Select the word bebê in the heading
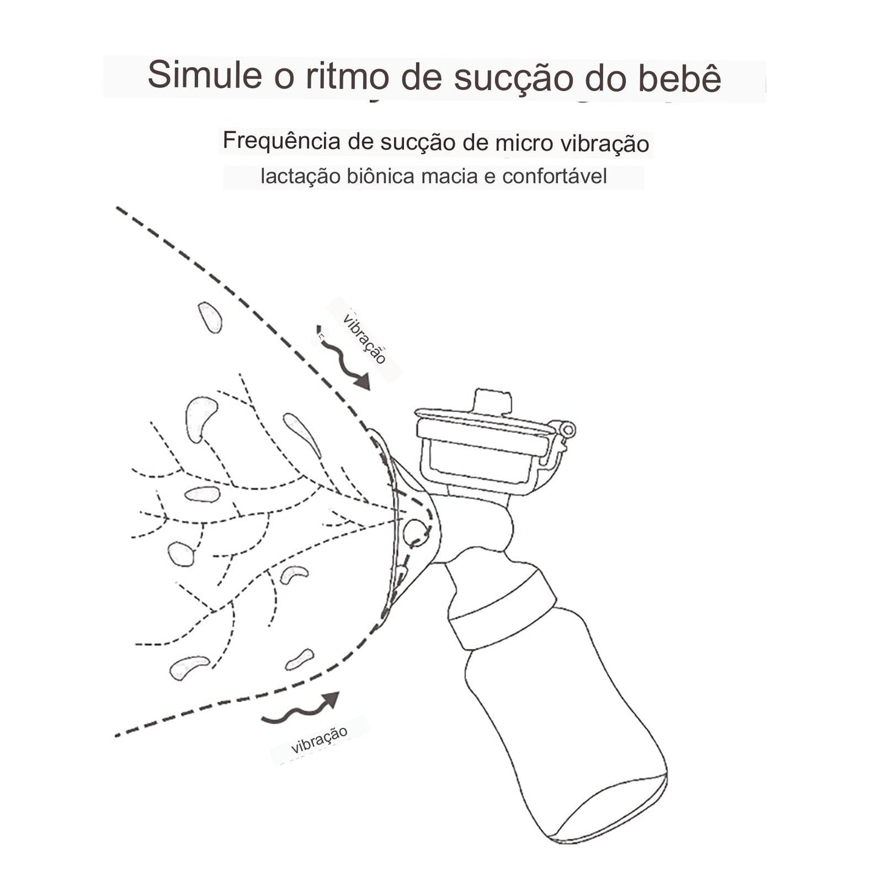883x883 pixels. click(680, 78)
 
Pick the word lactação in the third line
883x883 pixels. click(300, 177)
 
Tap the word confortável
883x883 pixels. click(554, 177)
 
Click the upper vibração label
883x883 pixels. click(365, 339)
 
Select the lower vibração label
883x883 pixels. click(320, 739)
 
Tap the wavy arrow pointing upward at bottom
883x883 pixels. click(302, 710)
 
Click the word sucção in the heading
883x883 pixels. click(511, 78)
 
